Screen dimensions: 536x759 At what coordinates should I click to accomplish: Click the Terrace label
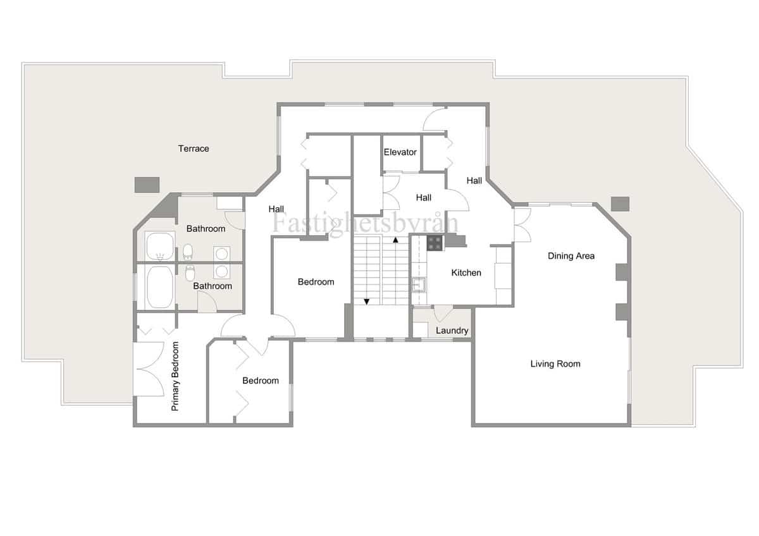[194, 149]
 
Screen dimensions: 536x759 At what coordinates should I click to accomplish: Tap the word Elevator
[400, 152]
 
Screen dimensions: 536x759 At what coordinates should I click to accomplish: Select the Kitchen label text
[466, 273]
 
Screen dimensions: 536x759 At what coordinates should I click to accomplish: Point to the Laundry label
[452, 331]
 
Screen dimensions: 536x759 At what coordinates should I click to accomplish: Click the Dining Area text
[571, 256]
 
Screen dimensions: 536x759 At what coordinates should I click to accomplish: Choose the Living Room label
[555, 364]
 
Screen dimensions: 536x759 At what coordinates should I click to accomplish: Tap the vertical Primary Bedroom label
[175, 377]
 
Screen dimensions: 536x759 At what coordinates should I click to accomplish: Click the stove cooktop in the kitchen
[435, 243]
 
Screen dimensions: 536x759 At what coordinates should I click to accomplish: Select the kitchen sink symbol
[418, 283]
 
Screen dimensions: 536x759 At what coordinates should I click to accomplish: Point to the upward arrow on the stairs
[396, 240]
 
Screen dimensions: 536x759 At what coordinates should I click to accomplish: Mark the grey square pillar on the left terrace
[147, 185]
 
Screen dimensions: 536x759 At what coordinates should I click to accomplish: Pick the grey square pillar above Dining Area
[620, 204]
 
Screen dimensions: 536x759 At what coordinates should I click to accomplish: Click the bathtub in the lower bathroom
[160, 288]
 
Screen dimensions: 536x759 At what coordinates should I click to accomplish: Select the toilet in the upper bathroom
[188, 253]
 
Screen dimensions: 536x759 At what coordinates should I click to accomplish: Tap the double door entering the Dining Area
[521, 224]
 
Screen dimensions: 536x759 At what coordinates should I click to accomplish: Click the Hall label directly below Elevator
[424, 198]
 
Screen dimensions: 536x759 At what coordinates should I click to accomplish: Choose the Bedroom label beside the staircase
[316, 282]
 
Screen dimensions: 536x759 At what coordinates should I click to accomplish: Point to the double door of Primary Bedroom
[148, 368]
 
